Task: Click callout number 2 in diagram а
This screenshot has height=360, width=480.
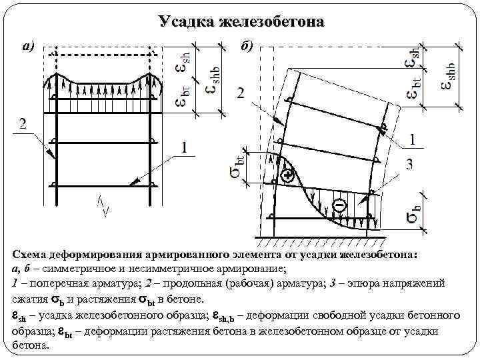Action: tap(23, 123)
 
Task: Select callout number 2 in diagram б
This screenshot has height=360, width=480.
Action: tap(240, 94)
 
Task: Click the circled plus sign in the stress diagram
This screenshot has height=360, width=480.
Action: tap(287, 176)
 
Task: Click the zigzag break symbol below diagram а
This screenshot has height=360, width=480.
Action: tap(103, 203)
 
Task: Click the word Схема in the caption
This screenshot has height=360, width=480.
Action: tap(31, 254)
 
